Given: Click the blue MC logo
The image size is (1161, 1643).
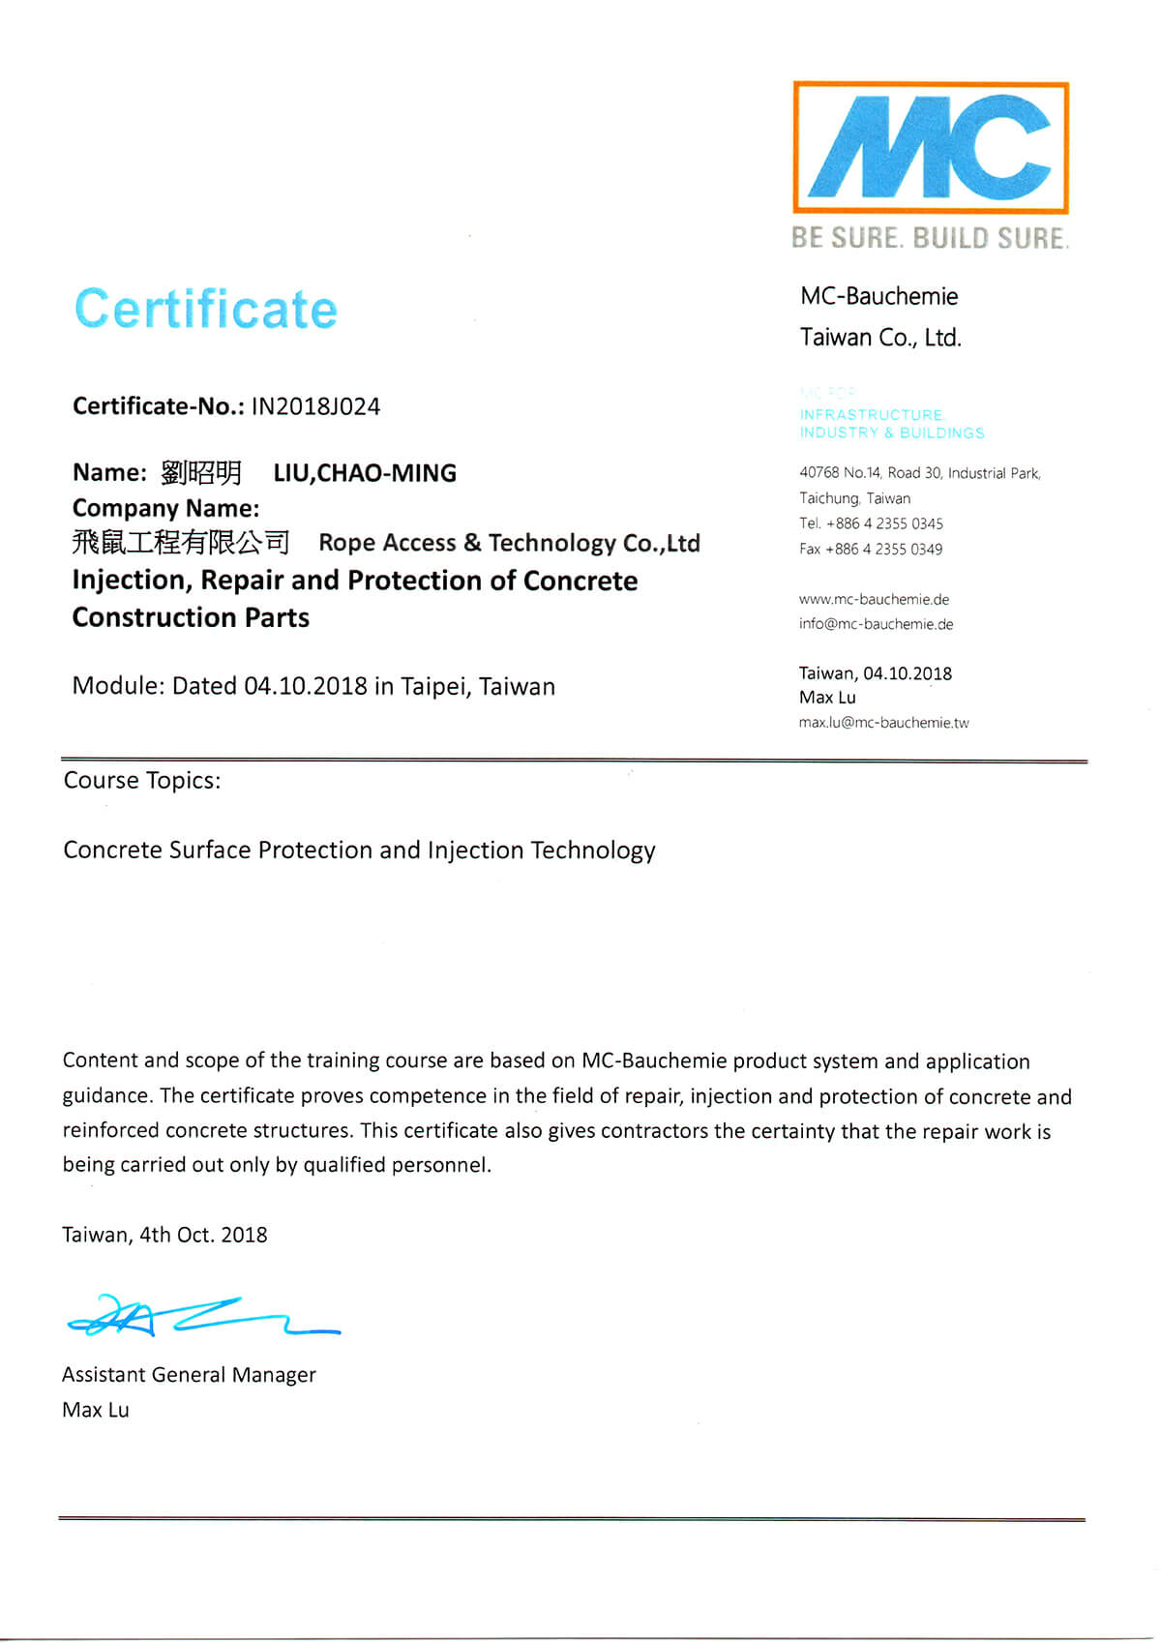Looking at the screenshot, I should click(930, 147).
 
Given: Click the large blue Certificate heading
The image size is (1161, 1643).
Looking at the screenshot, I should click(206, 310).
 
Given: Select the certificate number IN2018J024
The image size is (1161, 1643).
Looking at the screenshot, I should click(315, 406).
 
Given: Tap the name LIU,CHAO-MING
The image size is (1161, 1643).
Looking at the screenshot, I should click(365, 473).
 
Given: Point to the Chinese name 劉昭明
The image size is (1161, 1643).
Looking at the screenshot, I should click(201, 473).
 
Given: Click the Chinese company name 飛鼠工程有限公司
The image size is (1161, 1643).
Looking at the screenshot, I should click(181, 543).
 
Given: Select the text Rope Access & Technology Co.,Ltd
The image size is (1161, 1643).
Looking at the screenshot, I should click(509, 543).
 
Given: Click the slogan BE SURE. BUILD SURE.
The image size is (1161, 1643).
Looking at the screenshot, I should click(930, 238).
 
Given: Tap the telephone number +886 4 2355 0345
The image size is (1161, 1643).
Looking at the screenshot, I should click(884, 523).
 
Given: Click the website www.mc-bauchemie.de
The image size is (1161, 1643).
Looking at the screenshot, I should click(874, 599).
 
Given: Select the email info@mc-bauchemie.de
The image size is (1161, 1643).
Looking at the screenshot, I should click(876, 624).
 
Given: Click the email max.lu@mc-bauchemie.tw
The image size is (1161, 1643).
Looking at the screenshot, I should click(883, 723).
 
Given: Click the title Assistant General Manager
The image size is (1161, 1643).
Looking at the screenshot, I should click(189, 1375).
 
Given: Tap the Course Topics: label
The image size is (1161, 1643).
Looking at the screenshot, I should click(142, 781).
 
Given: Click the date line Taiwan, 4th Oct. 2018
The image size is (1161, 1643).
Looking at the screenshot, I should click(164, 1235).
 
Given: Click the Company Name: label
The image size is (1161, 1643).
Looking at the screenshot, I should click(165, 509).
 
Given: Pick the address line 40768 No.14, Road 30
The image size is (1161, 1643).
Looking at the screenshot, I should click(919, 473).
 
